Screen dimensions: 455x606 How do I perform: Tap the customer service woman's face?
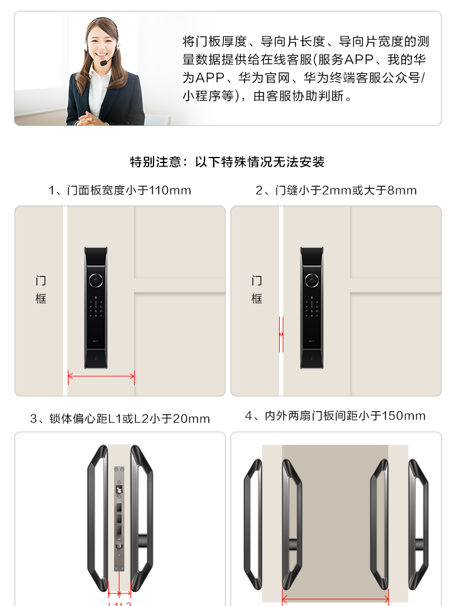(102, 42)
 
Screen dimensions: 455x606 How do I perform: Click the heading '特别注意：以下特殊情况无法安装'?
(227, 162)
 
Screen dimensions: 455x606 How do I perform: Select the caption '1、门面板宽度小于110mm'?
(120, 190)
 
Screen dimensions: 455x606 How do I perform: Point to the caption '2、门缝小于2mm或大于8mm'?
(336, 190)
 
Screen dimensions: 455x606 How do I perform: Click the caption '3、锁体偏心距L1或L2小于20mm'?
(120, 419)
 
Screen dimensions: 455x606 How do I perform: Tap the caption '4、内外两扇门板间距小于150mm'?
(335, 416)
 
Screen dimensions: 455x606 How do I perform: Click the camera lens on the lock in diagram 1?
(96, 280)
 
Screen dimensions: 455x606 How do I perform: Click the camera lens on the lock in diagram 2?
(311, 280)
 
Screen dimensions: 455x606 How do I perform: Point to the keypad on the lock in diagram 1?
(96, 308)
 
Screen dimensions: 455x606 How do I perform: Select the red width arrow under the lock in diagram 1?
(101, 376)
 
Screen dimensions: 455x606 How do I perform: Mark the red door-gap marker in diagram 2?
(281, 335)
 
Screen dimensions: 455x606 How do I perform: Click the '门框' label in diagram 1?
(41, 290)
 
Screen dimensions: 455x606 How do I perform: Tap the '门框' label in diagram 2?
(257, 290)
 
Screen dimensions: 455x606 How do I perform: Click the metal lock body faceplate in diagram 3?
(119, 518)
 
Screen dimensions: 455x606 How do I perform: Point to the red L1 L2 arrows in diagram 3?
(119, 593)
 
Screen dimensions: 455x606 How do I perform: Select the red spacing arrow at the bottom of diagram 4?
(335, 599)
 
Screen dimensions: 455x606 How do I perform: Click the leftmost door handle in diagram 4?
(253, 524)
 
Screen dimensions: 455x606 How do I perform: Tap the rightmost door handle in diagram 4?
(418, 524)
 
